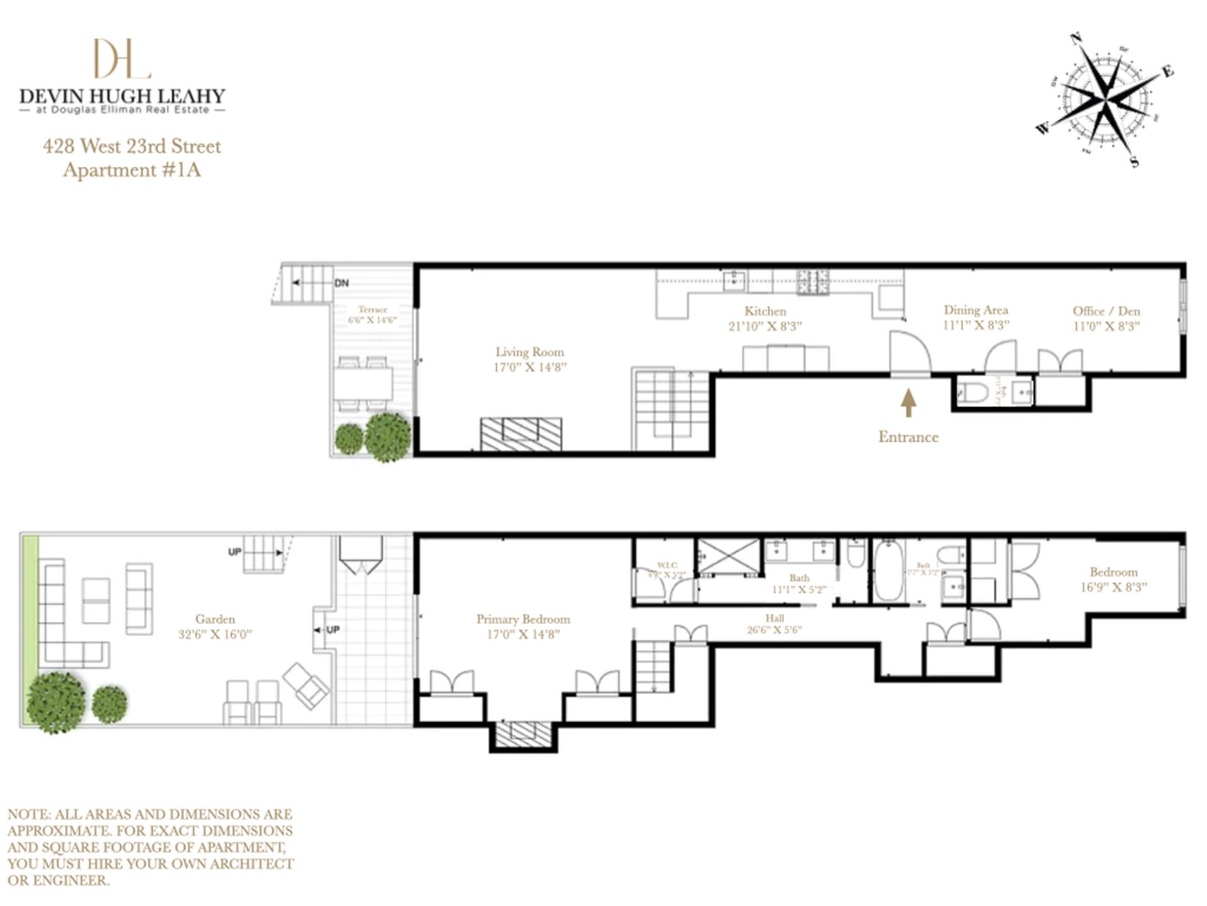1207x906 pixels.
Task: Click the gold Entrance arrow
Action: (x=908, y=403)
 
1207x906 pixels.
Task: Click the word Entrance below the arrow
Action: (x=908, y=437)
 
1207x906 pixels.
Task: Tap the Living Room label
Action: (x=529, y=352)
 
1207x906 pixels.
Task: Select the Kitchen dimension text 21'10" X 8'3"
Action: (x=765, y=327)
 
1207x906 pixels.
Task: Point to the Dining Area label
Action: (x=976, y=310)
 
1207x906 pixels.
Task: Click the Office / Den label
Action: (x=1106, y=311)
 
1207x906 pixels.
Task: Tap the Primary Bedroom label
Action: (x=523, y=619)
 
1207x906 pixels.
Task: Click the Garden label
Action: (x=215, y=619)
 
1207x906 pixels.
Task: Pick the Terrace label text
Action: (x=373, y=310)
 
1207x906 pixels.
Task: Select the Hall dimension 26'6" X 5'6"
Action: (x=774, y=630)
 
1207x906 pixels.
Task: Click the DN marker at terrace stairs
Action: (x=341, y=283)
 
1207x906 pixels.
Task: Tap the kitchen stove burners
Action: (x=813, y=282)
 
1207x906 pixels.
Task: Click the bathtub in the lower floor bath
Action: (x=888, y=569)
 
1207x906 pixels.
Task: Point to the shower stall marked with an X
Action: (x=729, y=556)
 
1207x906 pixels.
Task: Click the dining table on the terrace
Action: (x=363, y=383)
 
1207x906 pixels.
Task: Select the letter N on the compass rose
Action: (x=1076, y=39)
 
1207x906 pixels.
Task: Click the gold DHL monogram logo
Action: (x=122, y=59)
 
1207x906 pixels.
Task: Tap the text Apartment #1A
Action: (x=132, y=171)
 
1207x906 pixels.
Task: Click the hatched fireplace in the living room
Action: (x=521, y=434)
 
